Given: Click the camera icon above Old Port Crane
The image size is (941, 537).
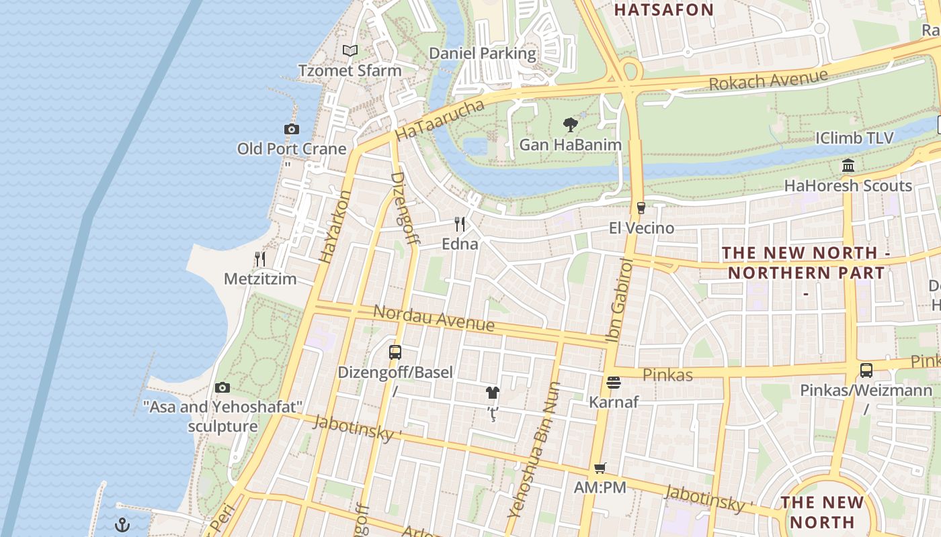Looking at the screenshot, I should [x=291, y=129].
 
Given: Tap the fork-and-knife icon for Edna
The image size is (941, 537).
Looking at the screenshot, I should [x=460, y=224].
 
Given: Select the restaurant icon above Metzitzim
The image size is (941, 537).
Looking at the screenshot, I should [x=260, y=258].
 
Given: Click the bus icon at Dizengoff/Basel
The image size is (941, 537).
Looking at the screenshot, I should [x=395, y=352].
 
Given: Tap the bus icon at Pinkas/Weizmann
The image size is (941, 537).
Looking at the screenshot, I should [x=866, y=370].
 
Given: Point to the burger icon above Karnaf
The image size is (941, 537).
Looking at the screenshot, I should [x=613, y=383].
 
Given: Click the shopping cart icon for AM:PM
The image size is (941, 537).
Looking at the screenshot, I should [x=600, y=468].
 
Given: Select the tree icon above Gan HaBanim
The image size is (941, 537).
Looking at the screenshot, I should [x=570, y=124].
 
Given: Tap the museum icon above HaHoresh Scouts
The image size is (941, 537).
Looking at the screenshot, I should [x=848, y=165].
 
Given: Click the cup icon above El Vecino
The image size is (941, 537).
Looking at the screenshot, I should [x=641, y=208].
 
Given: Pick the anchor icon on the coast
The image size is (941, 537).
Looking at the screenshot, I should [x=122, y=524].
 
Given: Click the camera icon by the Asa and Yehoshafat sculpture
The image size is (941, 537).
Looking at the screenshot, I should [x=222, y=387].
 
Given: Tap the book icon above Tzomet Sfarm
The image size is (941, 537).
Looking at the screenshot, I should [x=350, y=50].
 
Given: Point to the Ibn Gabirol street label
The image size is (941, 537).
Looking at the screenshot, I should [x=620, y=301].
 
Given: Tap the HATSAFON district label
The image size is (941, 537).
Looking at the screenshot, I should [x=663, y=9].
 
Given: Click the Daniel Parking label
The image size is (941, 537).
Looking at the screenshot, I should [x=483, y=53].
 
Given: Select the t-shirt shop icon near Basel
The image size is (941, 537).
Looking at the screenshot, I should [x=493, y=393].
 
